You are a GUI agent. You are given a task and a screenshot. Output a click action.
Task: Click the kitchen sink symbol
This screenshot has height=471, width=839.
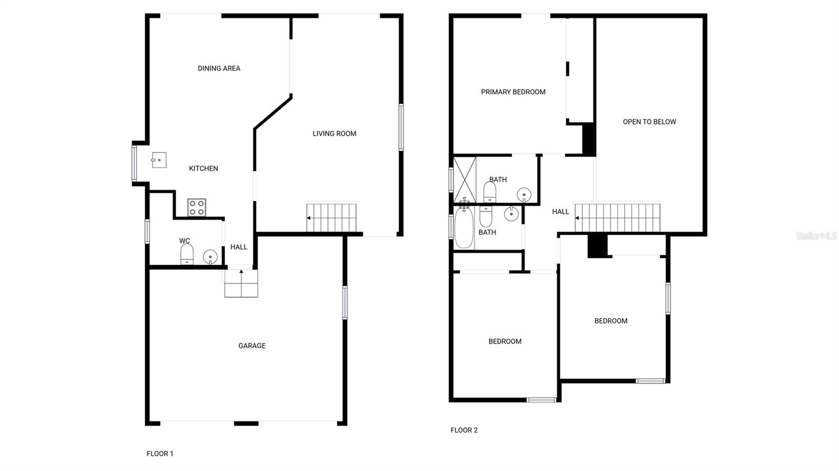[x=159, y=160]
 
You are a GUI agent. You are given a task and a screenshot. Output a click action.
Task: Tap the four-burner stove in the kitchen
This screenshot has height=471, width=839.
[x=197, y=207]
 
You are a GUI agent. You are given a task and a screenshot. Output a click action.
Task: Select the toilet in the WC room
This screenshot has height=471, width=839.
[x=187, y=254]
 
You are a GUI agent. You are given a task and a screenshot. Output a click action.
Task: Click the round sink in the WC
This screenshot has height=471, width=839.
[x=210, y=257]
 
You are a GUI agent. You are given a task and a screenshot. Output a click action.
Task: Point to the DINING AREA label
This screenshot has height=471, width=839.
[x=219, y=68]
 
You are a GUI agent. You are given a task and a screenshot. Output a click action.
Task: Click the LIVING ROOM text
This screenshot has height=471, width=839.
[x=334, y=134]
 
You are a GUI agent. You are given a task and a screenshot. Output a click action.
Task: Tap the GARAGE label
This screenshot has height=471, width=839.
[x=252, y=346]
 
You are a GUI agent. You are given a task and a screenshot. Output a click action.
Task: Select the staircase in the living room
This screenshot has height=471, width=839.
[x=331, y=217]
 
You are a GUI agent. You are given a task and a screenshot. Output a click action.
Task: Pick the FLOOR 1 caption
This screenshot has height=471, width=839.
[x=160, y=454]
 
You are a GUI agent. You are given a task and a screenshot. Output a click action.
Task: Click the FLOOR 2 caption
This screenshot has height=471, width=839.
[x=464, y=430]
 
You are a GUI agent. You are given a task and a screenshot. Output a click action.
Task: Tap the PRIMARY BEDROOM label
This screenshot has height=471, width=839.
[x=513, y=92]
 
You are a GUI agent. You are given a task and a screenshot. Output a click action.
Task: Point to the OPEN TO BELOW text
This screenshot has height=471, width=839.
[x=649, y=122]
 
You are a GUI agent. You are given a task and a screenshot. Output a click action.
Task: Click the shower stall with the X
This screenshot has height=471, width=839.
[x=465, y=180]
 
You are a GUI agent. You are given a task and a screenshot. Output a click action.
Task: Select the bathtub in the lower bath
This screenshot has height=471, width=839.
[x=464, y=227]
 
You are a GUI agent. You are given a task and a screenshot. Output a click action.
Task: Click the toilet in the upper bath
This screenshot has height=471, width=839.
[x=490, y=192]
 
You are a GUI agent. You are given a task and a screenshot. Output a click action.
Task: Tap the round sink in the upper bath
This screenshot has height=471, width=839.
[x=524, y=195]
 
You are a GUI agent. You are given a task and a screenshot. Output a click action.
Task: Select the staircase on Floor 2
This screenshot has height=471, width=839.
[x=617, y=217]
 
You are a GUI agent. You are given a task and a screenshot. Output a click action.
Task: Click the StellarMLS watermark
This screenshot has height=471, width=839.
[x=816, y=236]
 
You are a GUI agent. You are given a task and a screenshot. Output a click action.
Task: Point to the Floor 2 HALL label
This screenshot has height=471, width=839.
[x=560, y=212]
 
